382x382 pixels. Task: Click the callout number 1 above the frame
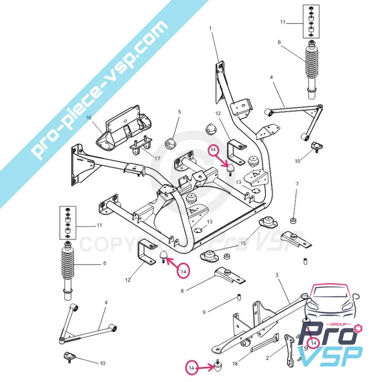pos(210,28)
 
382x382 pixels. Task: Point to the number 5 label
pos(180,112)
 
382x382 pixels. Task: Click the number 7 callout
pos(297,184)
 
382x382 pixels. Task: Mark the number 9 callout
pos(204,312)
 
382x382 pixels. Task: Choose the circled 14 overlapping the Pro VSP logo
pos(314,342)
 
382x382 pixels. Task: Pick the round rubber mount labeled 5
pos(170,142)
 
